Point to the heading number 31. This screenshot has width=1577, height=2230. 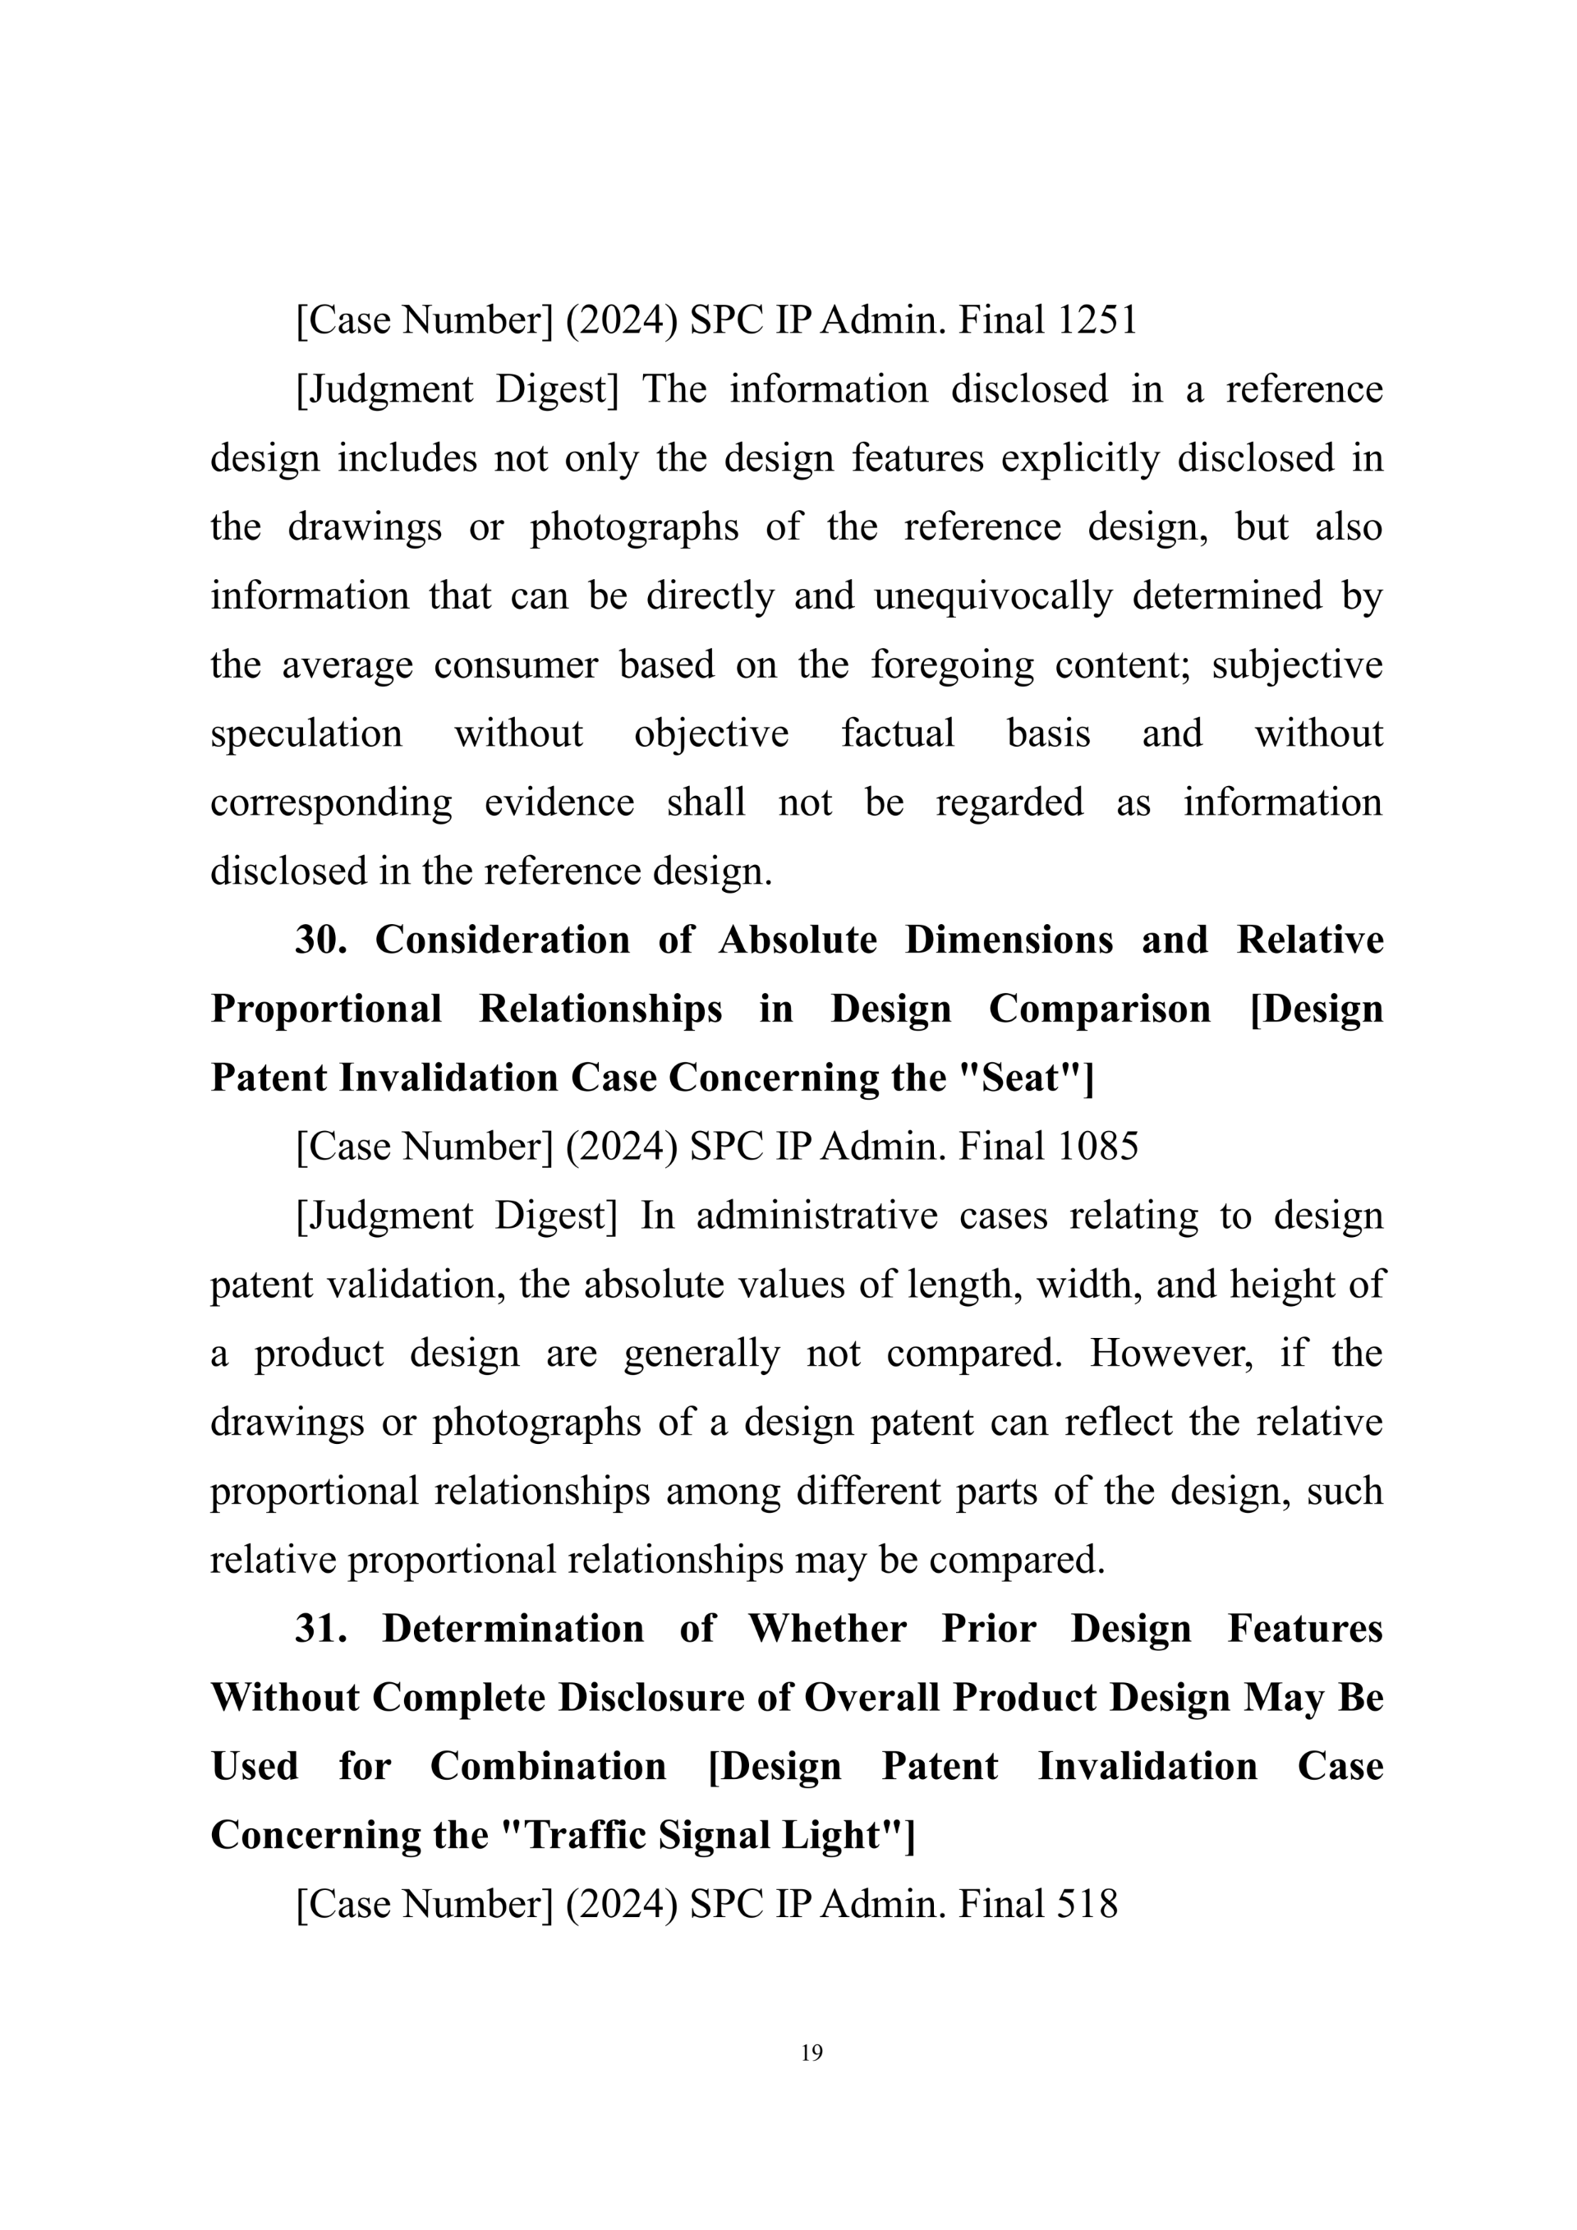320,1628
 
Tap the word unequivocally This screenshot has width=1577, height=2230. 992,595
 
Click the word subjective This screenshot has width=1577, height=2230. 1296,664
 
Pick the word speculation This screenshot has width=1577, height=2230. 306,733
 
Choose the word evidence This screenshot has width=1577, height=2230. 559,802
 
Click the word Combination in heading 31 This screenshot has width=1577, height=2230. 548,1765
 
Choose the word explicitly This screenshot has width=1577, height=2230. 1080,457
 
